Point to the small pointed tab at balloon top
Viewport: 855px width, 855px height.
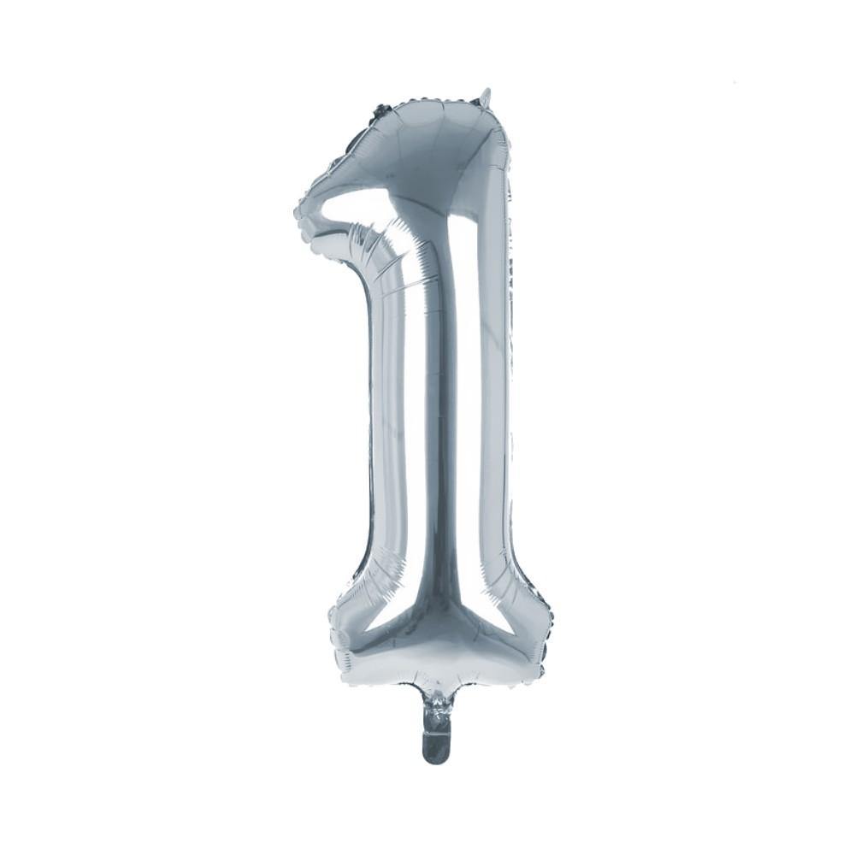[486, 96]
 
